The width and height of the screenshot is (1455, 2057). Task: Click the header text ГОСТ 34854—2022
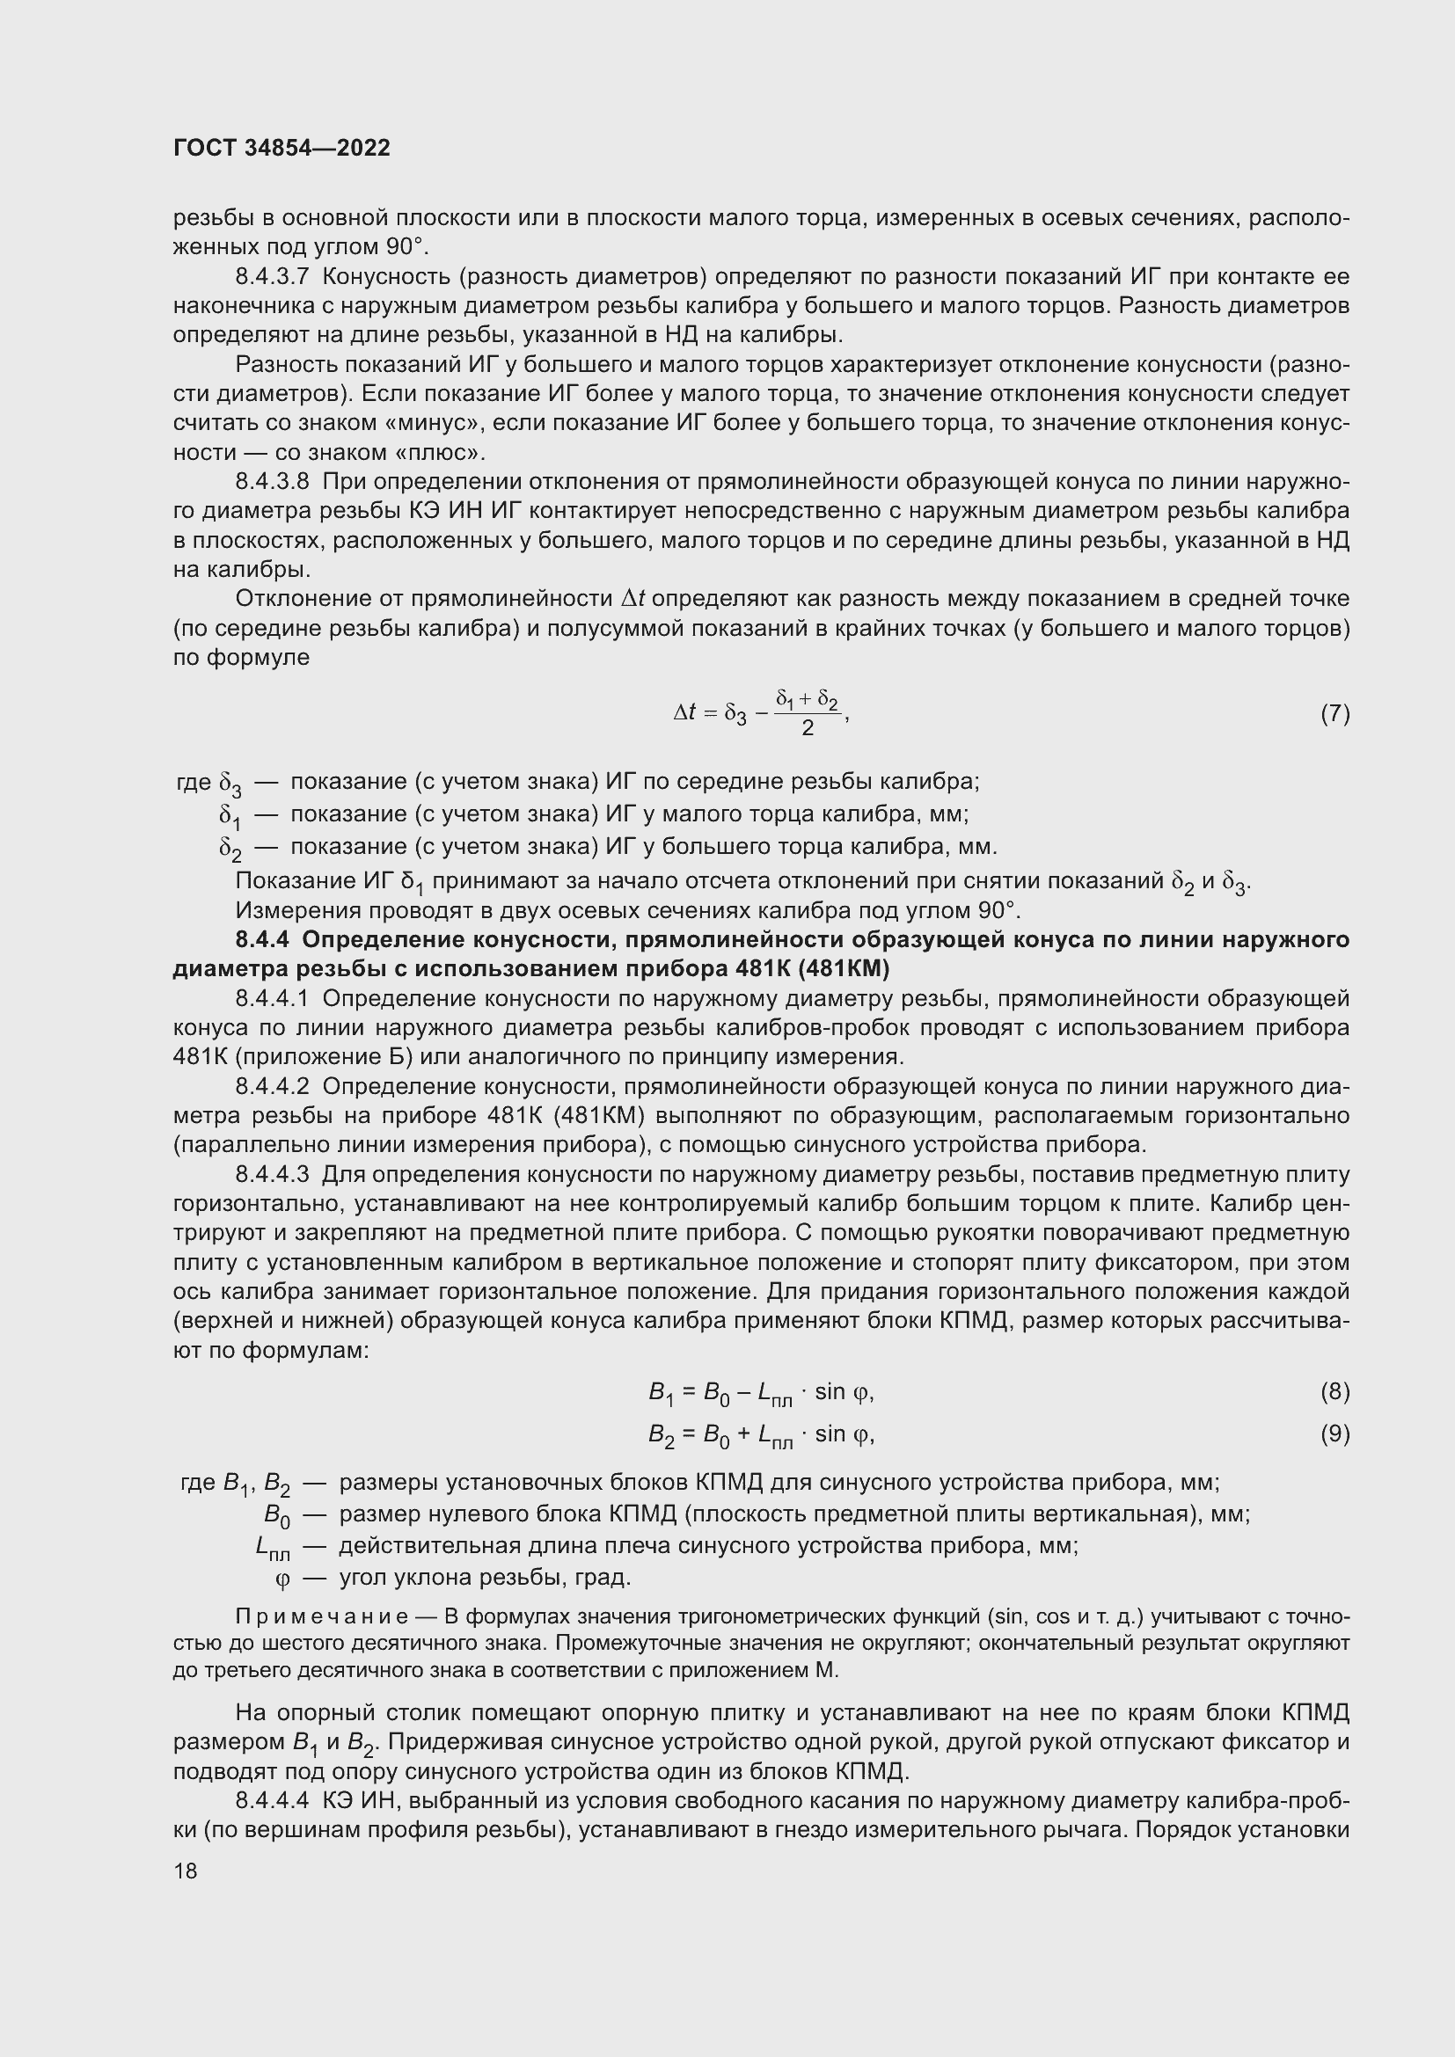tap(281, 148)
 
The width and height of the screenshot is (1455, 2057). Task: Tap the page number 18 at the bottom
tap(186, 1871)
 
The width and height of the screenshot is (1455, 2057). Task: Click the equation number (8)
tap(1334, 1391)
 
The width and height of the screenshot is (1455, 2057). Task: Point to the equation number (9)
tap(1334, 1434)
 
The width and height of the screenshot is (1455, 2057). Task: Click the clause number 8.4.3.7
tap(272, 277)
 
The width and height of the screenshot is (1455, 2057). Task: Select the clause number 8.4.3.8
tap(272, 482)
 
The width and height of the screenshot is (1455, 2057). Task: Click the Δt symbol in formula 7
tap(685, 713)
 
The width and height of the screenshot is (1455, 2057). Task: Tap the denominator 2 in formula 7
tap(808, 728)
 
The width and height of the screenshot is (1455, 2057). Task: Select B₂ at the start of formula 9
tap(661, 1436)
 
